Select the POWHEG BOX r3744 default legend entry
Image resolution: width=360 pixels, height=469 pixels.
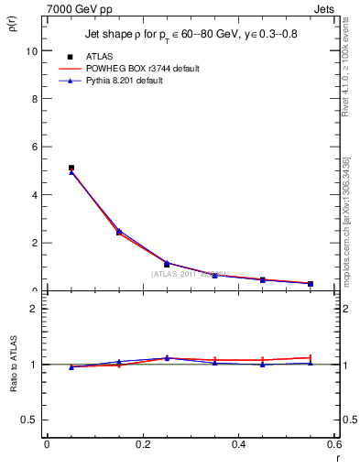pyautogui.click(x=141, y=69)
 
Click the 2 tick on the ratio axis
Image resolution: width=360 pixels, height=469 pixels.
pyautogui.click(x=33, y=309)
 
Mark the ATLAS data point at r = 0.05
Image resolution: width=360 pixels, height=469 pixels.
pyautogui.click(x=71, y=169)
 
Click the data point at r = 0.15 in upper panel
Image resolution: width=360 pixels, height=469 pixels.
pyautogui.click(x=119, y=233)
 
